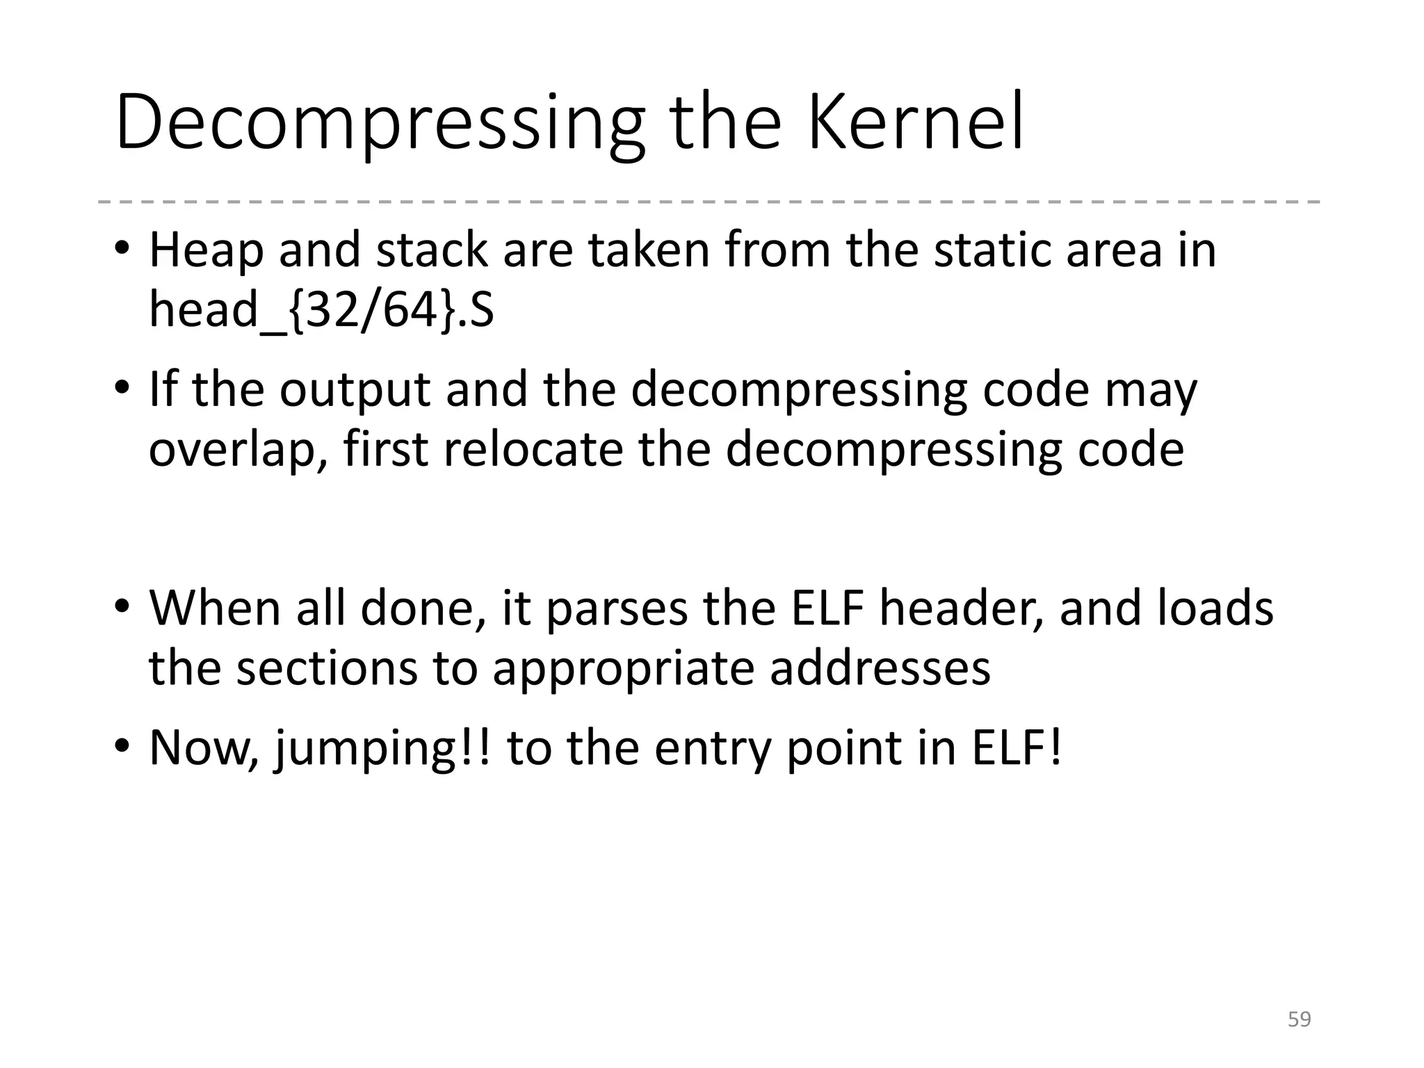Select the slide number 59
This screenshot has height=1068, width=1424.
(1299, 1019)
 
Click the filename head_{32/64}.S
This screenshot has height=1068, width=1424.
(321, 309)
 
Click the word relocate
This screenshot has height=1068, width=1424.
(533, 450)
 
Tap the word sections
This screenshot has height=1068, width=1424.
(327, 668)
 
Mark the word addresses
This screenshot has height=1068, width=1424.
(880, 668)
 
